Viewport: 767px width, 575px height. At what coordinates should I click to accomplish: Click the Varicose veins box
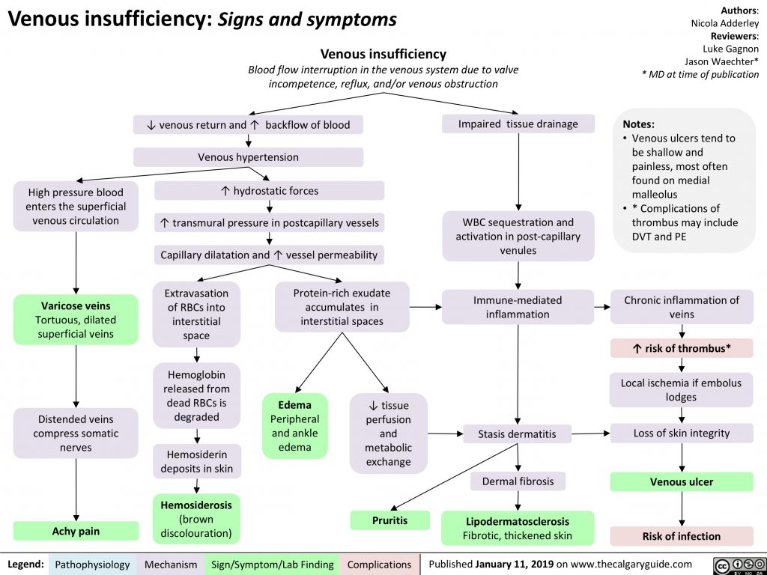(x=76, y=320)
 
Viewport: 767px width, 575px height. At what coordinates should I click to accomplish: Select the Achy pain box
(x=76, y=531)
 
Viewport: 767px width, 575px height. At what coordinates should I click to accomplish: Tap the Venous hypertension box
(x=248, y=157)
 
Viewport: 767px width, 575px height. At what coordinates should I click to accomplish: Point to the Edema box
(x=295, y=425)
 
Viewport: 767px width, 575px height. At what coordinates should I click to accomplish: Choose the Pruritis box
(x=389, y=520)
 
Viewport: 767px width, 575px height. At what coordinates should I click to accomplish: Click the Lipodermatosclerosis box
(x=517, y=528)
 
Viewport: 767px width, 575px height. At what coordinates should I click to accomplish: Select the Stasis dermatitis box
(x=517, y=433)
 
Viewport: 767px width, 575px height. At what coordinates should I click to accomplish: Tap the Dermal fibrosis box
(x=518, y=481)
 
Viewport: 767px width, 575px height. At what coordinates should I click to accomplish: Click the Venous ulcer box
(x=681, y=481)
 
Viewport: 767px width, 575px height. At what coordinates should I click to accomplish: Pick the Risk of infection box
(x=681, y=536)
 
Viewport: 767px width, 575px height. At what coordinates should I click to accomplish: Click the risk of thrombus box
(x=681, y=349)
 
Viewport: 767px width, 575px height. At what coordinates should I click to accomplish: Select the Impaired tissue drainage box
(x=518, y=124)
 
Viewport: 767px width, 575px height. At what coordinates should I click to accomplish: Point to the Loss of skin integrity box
(x=681, y=433)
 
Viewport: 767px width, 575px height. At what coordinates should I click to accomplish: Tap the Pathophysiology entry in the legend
(x=92, y=564)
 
